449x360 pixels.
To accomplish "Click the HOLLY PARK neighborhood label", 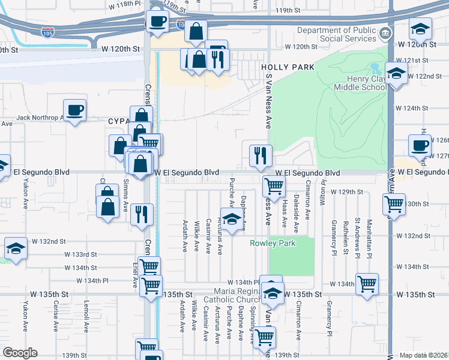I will pyautogui.click(x=286, y=67).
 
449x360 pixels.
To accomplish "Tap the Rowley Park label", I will pyautogui.click(x=273, y=244).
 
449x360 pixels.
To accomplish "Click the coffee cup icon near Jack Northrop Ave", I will pyautogui.click(x=74, y=110).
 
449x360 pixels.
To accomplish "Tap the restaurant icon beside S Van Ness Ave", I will pyautogui.click(x=261, y=156).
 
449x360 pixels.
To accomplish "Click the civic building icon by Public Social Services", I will pyautogui.click(x=387, y=32).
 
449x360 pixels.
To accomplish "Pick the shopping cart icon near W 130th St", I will pyautogui.click(x=394, y=205).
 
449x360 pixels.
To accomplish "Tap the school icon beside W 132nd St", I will pyautogui.click(x=15, y=249).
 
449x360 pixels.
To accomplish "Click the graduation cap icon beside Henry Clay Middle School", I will pyautogui.click(x=397, y=73).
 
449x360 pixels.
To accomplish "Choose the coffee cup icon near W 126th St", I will pyautogui.click(x=420, y=146).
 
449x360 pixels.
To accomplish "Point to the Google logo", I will pyautogui.click(x=19, y=353).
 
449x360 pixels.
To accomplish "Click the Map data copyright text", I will pyautogui.click(x=424, y=355).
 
